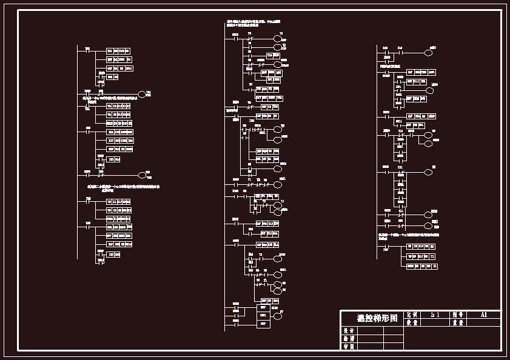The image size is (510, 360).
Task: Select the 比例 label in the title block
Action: coord(412,315)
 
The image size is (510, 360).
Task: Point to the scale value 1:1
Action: coord(435,315)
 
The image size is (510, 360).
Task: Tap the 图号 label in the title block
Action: coord(458,315)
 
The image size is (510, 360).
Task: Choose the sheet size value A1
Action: coord(483,315)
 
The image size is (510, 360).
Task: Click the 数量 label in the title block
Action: coord(412,323)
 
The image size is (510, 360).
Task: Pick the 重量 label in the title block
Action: coord(458,323)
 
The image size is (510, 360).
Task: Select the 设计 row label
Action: coord(348,331)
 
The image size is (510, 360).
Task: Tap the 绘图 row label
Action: coord(348,339)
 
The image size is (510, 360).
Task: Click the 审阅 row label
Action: coord(348,346)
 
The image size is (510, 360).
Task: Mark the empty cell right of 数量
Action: coord(435,323)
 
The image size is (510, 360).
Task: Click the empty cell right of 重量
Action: coord(483,323)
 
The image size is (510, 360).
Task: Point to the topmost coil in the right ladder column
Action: coord(428,53)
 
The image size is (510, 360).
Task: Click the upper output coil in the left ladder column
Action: coord(143,94)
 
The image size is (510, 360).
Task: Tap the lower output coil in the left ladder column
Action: coord(143,175)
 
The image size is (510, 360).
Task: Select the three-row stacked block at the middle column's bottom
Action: coord(263,316)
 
